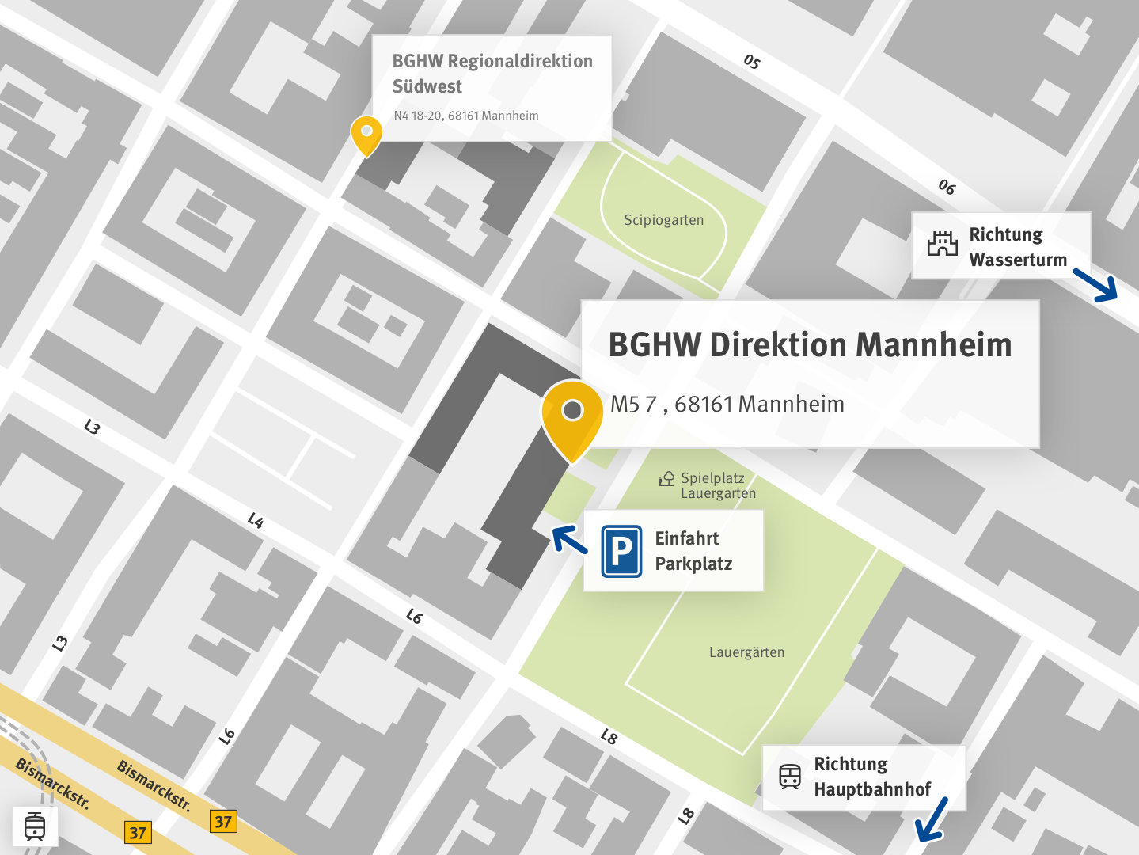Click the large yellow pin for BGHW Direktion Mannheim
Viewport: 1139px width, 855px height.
(572, 417)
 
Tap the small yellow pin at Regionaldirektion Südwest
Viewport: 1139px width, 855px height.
(366, 135)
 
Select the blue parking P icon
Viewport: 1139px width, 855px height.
(621, 551)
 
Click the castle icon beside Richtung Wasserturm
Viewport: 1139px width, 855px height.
(942, 244)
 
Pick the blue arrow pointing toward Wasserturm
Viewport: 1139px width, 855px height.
(1096, 286)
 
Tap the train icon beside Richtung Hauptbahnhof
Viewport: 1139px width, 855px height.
(789, 777)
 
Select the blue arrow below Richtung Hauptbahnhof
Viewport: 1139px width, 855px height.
(932, 820)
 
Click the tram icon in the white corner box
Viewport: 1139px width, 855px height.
(35, 826)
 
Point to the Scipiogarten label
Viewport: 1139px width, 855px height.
(663, 220)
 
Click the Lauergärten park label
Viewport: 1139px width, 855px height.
(746, 652)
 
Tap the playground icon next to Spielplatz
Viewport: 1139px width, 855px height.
(666, 478)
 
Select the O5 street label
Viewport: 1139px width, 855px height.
(751, 62)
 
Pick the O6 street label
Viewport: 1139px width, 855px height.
(947, 187)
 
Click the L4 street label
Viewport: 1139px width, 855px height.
(255, 520)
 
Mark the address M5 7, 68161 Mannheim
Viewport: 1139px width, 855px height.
(727, 405)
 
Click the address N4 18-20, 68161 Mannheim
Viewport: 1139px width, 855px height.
(465, 116)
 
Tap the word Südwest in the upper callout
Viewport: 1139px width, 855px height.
(427, 86)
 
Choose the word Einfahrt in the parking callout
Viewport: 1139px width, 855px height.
(686, 538)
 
